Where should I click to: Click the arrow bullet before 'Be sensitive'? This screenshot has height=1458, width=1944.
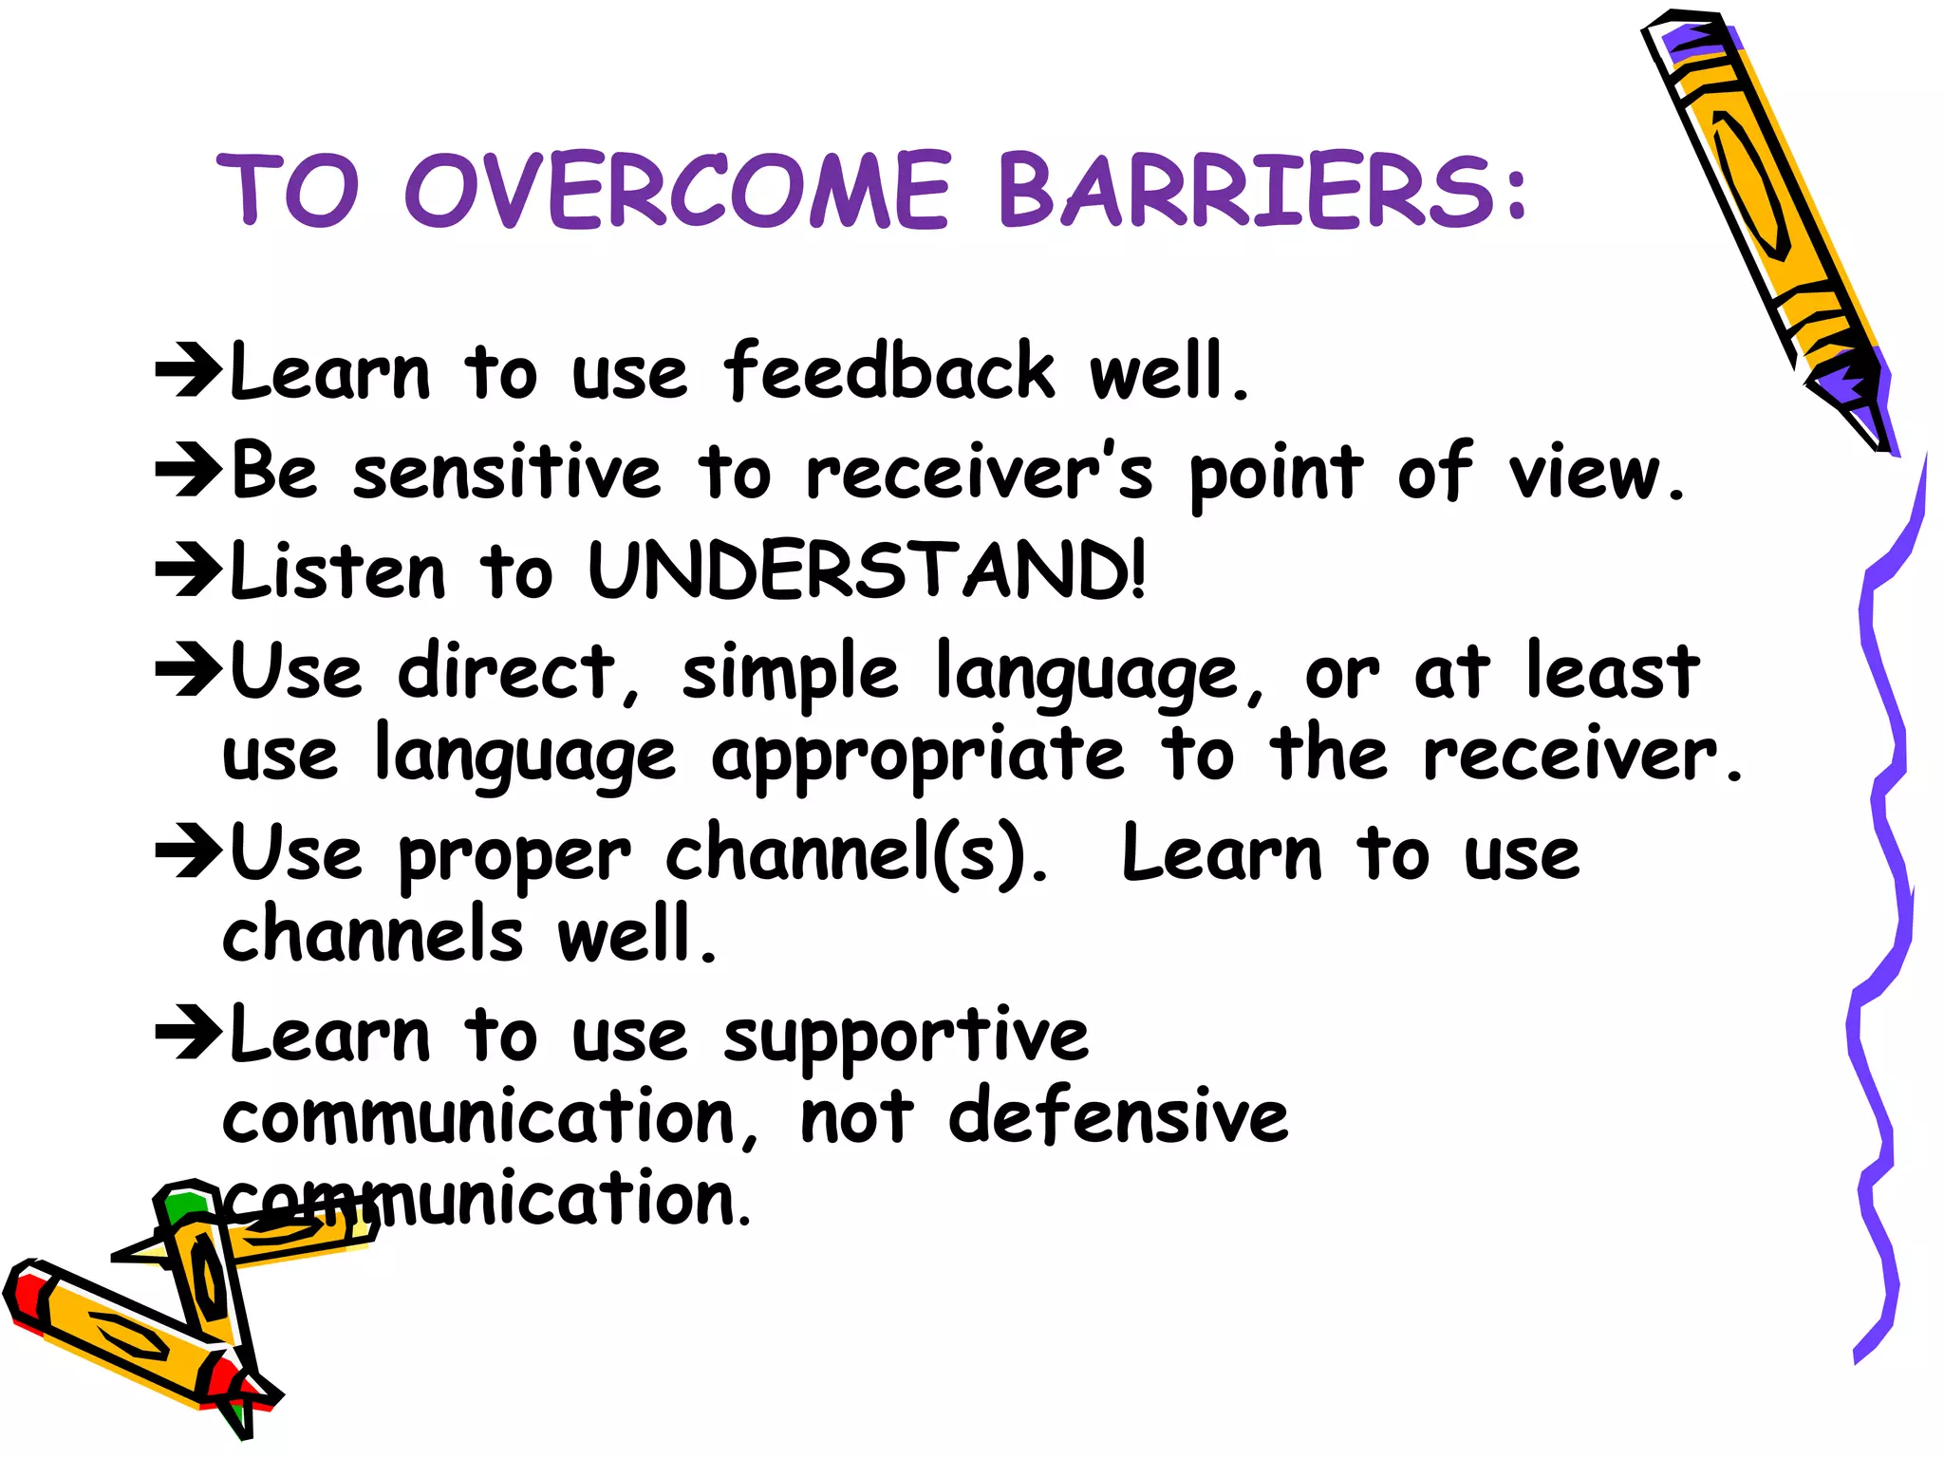click(x=189, y=470)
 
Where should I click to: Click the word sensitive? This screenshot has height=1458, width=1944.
click(x=506, y=472)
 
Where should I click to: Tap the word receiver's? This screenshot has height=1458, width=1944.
click(x=979, y=472)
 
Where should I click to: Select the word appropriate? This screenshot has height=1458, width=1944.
click(x=917, y=757)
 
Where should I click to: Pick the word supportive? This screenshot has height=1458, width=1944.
click(x=906, y=1037)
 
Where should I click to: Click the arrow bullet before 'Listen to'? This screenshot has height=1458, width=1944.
click(x=189, y=570)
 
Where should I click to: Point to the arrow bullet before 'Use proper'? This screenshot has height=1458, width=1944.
click(x=189, y=851)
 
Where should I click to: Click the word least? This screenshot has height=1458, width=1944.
click(x=1612, y=671)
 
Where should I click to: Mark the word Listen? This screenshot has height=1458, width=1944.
click(x=337, y=570)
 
